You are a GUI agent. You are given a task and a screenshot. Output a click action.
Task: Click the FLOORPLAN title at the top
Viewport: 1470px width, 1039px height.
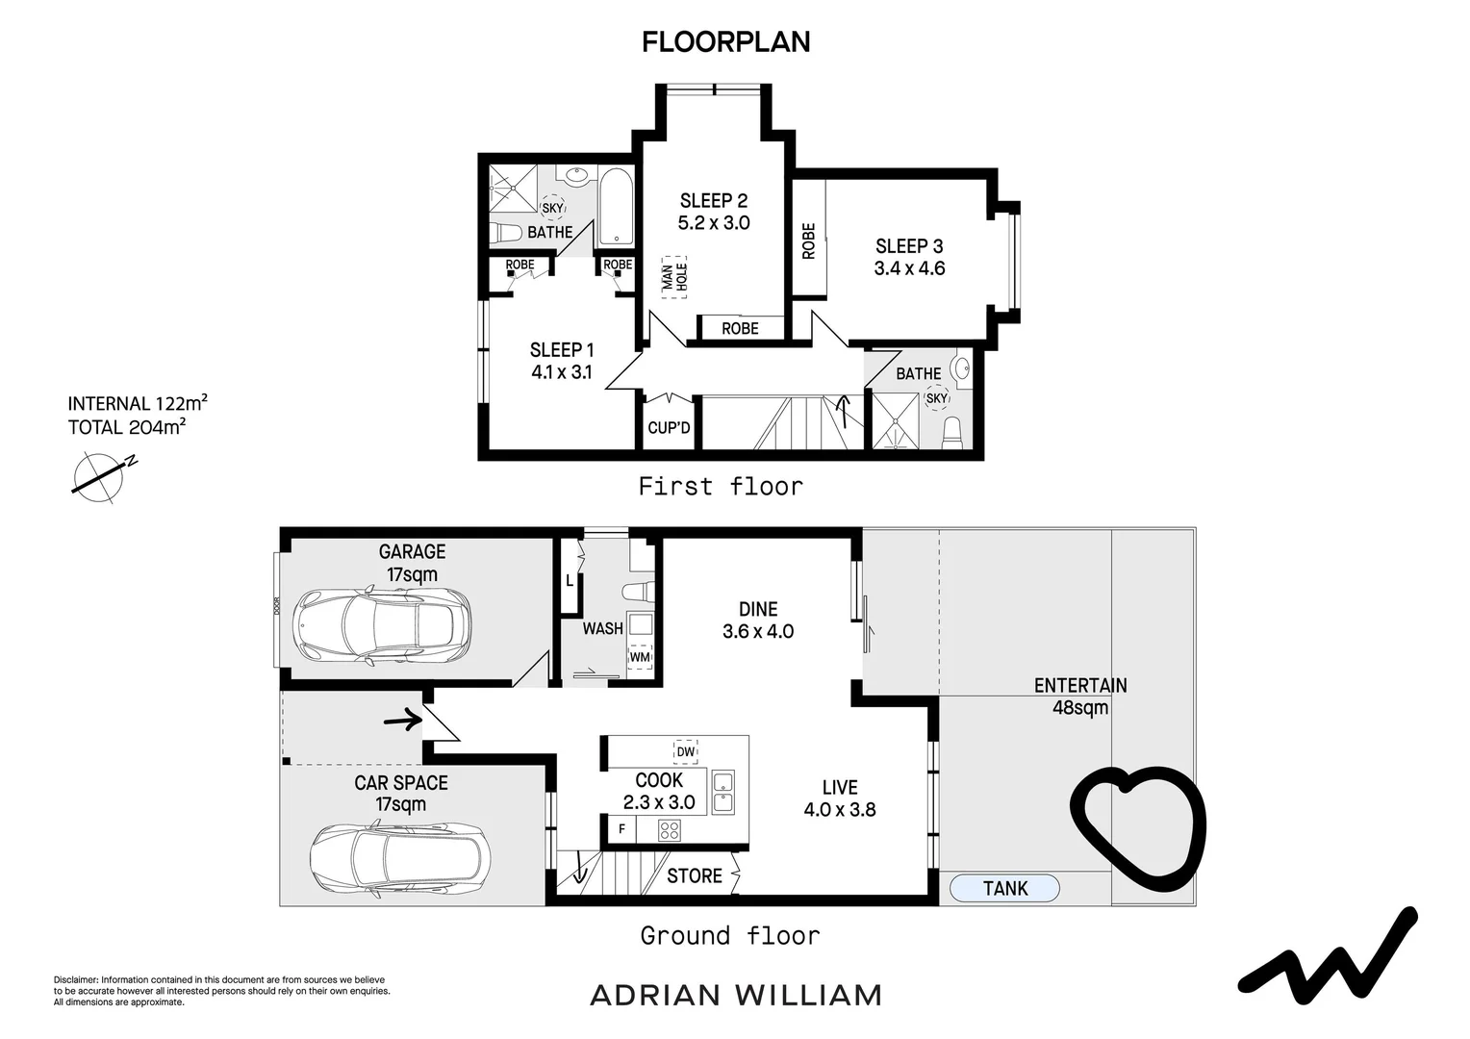(726, 41)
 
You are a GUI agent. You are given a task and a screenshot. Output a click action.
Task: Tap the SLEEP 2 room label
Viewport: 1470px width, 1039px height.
(713, 201)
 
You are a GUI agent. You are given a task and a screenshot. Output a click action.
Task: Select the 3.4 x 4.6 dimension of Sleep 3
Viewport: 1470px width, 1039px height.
(909, 268)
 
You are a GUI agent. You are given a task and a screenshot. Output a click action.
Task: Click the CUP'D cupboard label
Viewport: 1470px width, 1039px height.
(669, 427)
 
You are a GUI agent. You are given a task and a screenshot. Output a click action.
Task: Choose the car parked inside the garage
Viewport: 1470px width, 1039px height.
(383, 624)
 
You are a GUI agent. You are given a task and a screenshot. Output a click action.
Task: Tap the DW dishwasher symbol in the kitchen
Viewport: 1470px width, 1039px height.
(685, 751)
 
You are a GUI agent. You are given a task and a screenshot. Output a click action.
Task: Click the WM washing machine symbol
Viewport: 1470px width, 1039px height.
(640, 657)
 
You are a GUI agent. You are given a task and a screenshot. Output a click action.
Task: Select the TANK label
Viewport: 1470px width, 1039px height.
(1005, 889)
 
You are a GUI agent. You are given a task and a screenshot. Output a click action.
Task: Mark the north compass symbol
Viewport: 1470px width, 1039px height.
(100, 475)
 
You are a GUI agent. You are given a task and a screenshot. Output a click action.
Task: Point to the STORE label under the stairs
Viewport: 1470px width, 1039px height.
(694, 875)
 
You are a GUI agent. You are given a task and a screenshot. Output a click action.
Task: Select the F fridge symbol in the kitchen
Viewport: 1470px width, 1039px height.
(621, 828)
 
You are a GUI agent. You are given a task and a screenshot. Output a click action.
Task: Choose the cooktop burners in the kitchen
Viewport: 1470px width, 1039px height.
(670, 828)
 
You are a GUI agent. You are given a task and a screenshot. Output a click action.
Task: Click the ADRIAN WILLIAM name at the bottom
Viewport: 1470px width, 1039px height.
(735, 995)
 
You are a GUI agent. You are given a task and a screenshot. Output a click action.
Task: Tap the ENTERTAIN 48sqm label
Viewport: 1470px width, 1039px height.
(1080, 697)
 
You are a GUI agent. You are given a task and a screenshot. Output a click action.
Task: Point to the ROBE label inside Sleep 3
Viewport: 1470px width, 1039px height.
(808, 241)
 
